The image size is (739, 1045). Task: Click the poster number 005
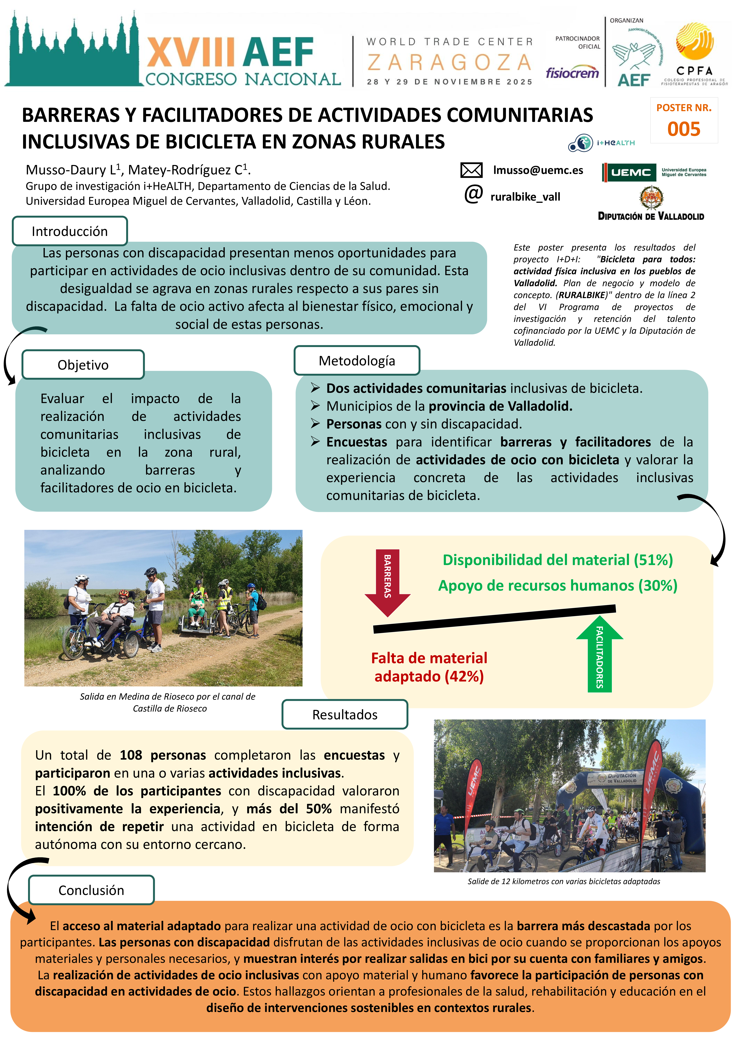click(684, 129)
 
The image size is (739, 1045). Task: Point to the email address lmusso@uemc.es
click(538, 170)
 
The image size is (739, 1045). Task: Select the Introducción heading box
click(70, 231)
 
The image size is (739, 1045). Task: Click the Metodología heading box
click(357, 360)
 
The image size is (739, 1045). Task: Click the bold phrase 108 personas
click(162, 755)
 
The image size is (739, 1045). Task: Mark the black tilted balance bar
click(494, 619)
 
